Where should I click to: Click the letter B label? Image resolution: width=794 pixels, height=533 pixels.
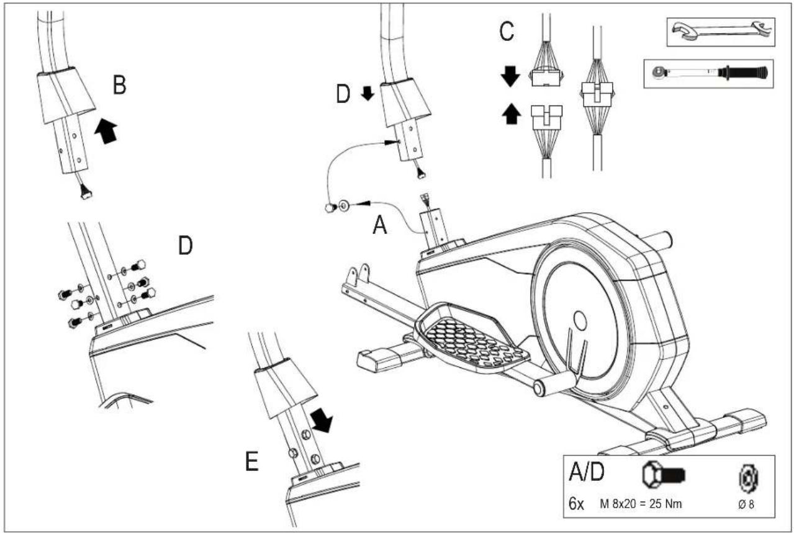[x=119, y=86]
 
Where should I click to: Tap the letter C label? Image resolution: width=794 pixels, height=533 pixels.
[x=507, y=31]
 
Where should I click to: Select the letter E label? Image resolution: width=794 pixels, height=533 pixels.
[x=252, y=462]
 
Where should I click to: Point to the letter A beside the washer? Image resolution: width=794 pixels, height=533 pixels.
[x=380, y=225]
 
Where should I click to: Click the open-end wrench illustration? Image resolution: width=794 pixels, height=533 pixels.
[x=721, y=32]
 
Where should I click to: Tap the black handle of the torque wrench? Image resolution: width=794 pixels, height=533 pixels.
[x=742, y=73]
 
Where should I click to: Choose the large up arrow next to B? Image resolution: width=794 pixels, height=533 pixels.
[x=106, y=131]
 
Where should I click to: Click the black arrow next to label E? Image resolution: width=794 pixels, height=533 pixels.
[x=322, y=420]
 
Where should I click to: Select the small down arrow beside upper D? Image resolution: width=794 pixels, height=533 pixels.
[x=368, y=94]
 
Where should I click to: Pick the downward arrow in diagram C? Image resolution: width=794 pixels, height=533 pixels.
[x=510, y=76]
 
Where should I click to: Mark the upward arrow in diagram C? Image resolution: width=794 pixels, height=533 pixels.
[x=512, y=114]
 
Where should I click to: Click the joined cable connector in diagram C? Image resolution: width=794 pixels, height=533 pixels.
[x=598, y=93]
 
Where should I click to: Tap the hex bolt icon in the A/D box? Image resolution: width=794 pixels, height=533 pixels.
[x=664, y=475]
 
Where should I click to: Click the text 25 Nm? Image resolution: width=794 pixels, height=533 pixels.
[x=665, y=504]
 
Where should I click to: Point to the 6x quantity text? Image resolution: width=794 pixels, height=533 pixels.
[x=576, y=504]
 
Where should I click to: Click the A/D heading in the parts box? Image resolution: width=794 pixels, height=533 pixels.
[x=587, y=472]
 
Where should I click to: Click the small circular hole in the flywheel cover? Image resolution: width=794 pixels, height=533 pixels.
[x=580, y=320]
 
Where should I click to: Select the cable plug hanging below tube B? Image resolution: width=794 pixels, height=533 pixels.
[x=86, y=193]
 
